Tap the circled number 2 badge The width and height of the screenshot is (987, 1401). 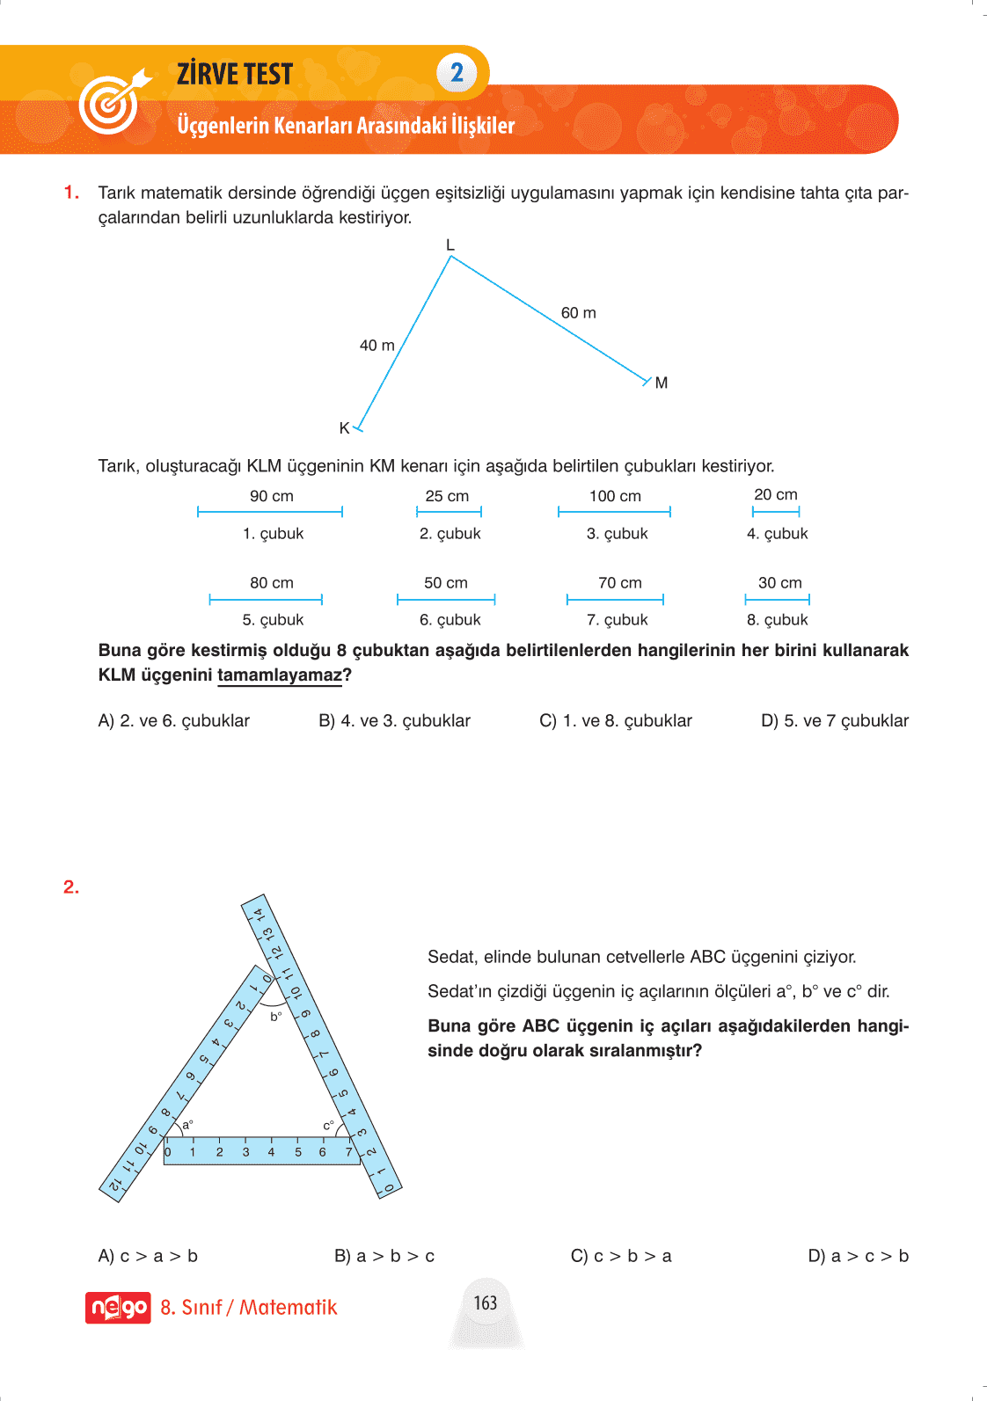pos(457,73)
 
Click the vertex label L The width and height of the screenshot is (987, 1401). pos(450,245)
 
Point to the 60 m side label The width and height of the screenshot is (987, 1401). pos(578,313)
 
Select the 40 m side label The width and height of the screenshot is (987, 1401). pos(377,346)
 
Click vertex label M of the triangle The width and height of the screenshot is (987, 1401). pos(662,383)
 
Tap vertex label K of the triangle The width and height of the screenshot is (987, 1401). pos(344,428)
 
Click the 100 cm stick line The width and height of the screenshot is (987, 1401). pos(614,512)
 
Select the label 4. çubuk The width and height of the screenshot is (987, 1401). pos(777,534)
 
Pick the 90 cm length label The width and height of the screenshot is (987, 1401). pos(271,496)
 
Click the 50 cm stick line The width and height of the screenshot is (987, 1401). pos(446,600)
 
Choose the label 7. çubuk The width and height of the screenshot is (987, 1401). pos(617,620)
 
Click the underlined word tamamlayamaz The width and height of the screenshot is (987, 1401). pos(280,675)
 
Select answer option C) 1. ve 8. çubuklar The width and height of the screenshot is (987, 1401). pos(615,721)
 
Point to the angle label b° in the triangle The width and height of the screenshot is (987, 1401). pos(275,1017)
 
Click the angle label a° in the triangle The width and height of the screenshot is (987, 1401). pos(187,1124)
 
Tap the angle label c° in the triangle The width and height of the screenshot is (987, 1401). pos(328,1126)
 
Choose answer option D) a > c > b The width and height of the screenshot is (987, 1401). pos(858,1256)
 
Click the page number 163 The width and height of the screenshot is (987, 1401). pos(486,1302)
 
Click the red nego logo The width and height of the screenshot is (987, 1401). pos(118,1308)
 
